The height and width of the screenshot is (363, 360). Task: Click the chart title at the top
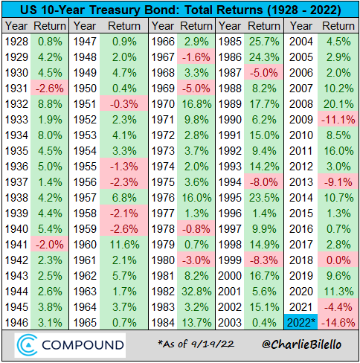pyautogui.click(x=180, y=10)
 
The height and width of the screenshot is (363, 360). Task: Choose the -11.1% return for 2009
pyautogui.click(x=338, y=120)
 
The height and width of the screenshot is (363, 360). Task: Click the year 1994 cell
pyautogui.click(x=232, y=181)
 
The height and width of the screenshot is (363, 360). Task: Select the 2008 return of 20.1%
pyautogui.click(x=338, y=104)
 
